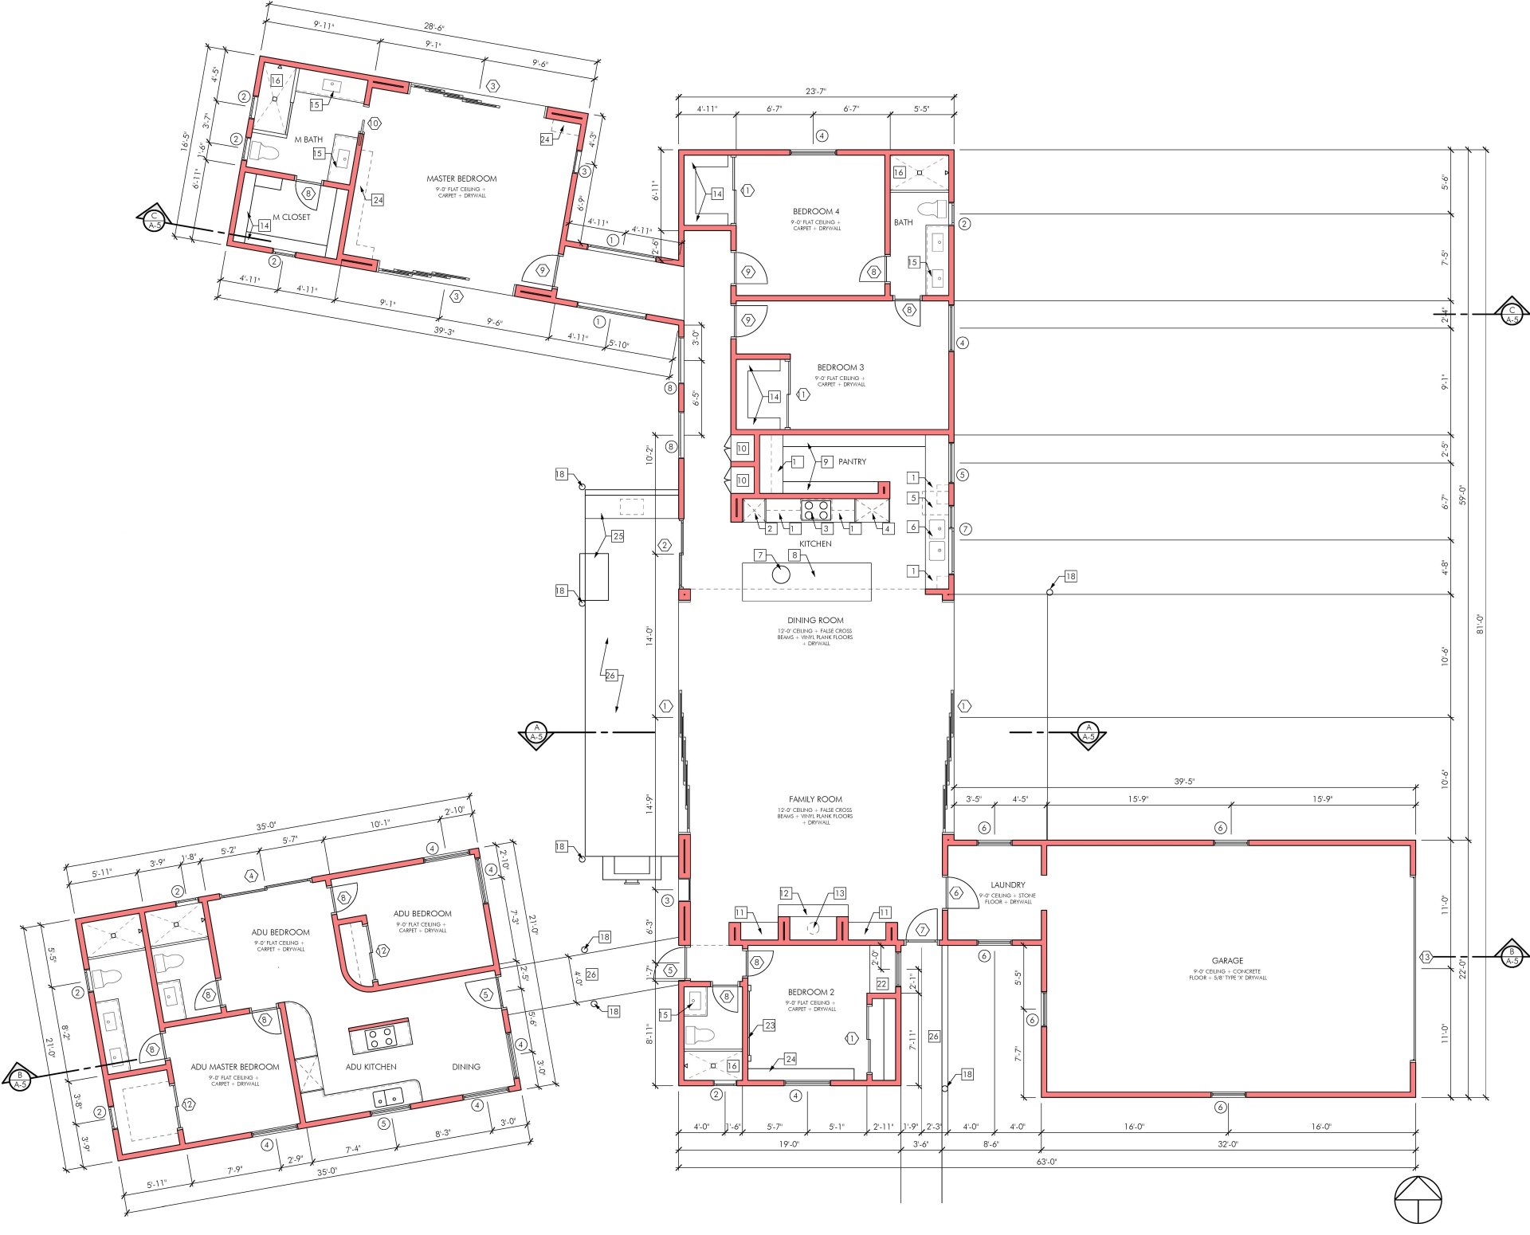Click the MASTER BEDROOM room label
pyautogui.click(x=461, y=178)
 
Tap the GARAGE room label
pyautogui.click(x=1227, y=961)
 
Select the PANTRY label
pyautogui.click(x=852, y=461)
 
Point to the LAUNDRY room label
pyautogui.click(x=1007, y=884)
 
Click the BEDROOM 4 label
pyautogui.click(x=816, y=212)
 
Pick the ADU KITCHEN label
pyautogui.click(x=371, y=1066)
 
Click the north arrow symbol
pyautogui.click(x=1418, y=1201)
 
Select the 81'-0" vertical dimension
pyautogui.click(x=1479, y=623)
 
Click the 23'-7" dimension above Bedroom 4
pyautogui.click(x=815, y=91)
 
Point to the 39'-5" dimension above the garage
pyautogui.click(x=1184, y=782)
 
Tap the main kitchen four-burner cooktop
pyautogui.click(x=816, y=510)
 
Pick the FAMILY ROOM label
pyautogui.click(x=815, y=799)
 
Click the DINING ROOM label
pyautogui.click(x=815, y=620)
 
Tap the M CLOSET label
pyautogui.click(x=292, y=217)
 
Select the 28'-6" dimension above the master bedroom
pyautogui.click(x=434, y=28)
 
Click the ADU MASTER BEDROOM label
pyautogui.click(x=235, y=1067)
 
